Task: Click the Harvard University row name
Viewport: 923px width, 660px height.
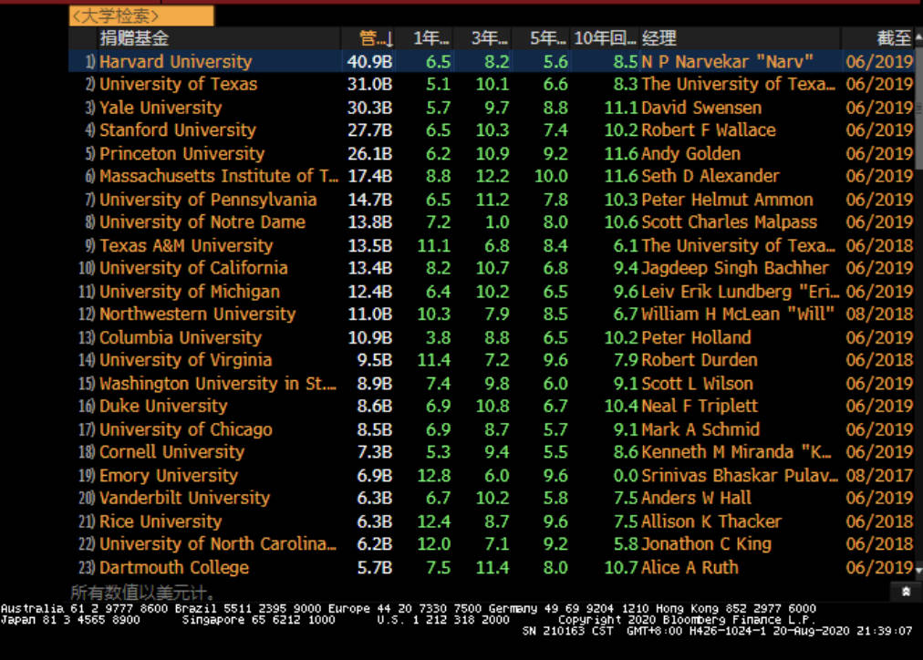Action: [175, 62]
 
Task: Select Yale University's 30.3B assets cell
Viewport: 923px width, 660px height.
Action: [369, 108]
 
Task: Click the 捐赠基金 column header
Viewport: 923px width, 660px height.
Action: [134, 38]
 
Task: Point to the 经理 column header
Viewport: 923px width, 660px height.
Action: [659, 38]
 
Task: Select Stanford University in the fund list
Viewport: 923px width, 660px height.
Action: [177, 130]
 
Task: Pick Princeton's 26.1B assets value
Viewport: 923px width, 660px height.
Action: [369, 153]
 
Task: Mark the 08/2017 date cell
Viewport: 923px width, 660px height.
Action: [879, 475]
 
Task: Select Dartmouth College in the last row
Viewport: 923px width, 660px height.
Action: [173, 567]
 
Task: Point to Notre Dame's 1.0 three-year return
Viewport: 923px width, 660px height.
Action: [497, 222]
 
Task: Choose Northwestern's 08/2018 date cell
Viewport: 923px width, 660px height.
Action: [879, 315]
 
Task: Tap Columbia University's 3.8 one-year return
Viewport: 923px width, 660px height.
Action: [438, 337]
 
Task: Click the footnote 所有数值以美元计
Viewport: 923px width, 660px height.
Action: [143, 593]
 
